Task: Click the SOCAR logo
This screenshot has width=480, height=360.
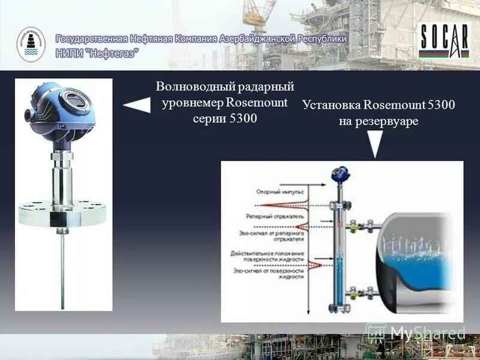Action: tap(445, 41)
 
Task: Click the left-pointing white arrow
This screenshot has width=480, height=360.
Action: tap(136, 106)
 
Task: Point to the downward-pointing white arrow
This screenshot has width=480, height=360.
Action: tap(375, 145)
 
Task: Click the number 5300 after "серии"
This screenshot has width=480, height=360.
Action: tap(243, 118)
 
